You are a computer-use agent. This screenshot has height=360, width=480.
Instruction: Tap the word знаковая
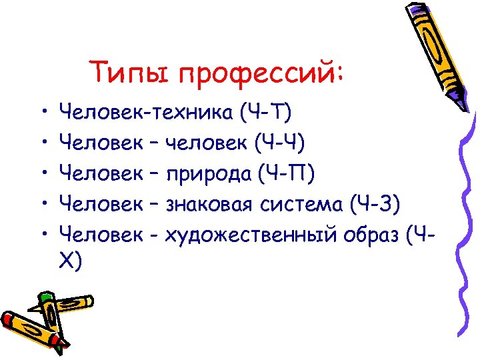207,203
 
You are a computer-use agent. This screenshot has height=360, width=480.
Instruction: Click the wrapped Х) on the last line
71,263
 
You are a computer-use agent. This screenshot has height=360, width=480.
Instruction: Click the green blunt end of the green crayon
45,297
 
